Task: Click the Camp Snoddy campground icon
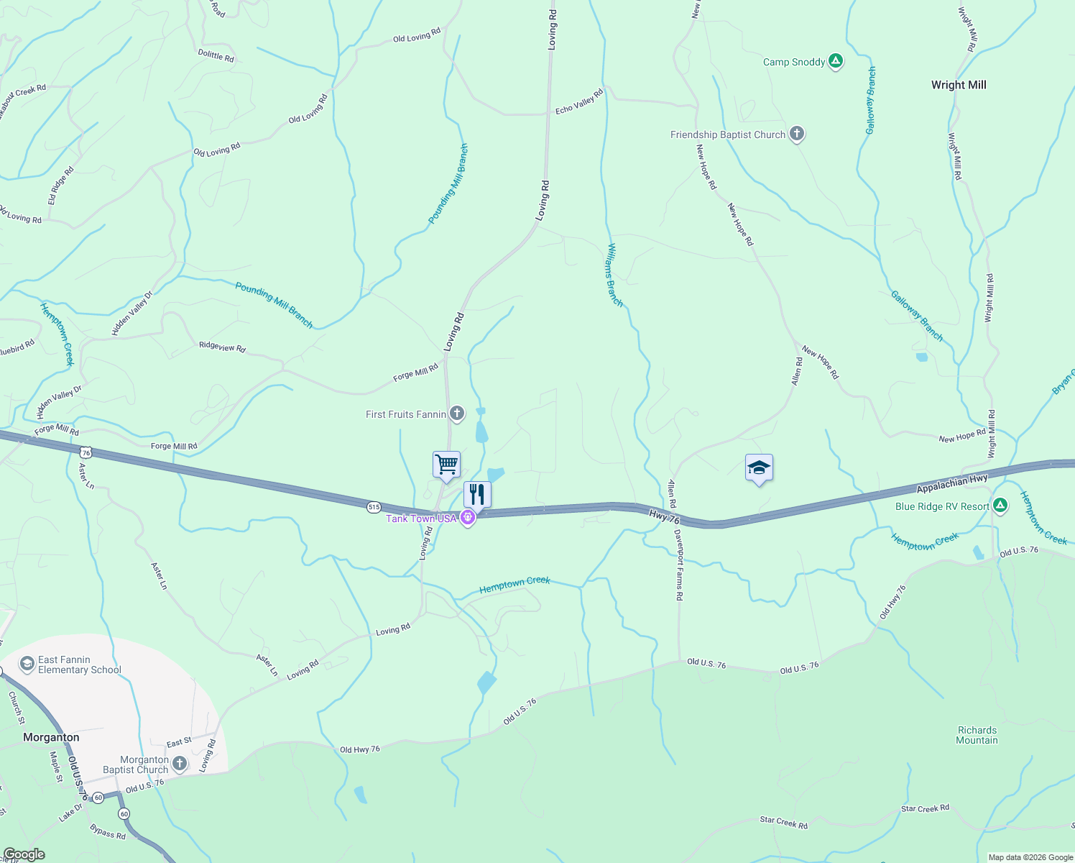[835, 61]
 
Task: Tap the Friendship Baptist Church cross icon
[796, 134]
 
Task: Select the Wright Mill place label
[959, 85]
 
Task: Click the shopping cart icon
[446, 465]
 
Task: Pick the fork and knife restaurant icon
[477, 495]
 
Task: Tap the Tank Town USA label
[421, 519]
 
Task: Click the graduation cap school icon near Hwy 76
[759, 468]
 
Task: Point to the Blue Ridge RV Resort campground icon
[1000, 506]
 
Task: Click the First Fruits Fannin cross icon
[456, 414]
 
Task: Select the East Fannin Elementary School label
[79, 665]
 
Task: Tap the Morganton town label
[51, 737]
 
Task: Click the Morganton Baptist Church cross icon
[179, 764]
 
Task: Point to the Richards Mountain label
[977, 735]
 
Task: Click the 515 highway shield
[373, 507]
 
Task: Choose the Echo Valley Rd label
[579, 101]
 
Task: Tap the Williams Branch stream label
[615, 275]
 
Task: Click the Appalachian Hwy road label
[952, 484]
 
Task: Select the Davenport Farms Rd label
[678, 565]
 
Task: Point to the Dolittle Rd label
[216, 55]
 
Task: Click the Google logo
[24, 854]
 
